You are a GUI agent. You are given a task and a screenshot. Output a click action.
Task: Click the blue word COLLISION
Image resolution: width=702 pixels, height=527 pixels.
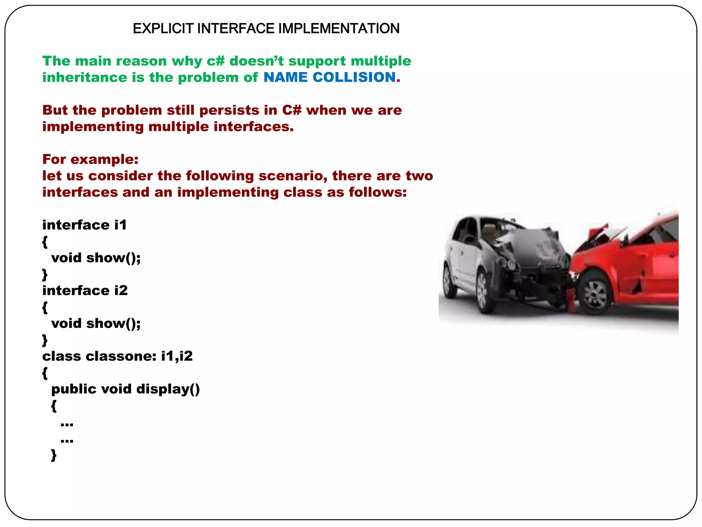354,77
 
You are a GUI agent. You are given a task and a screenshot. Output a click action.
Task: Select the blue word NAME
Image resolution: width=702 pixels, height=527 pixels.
285,77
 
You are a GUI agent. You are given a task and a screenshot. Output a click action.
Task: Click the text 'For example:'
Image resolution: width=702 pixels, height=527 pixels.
90,159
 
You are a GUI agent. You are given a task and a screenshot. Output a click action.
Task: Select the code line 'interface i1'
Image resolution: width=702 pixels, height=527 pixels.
84,225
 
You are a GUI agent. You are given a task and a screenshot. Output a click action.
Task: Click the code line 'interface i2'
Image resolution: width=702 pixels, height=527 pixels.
85,291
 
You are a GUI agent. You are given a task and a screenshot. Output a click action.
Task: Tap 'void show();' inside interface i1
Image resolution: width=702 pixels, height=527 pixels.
96,258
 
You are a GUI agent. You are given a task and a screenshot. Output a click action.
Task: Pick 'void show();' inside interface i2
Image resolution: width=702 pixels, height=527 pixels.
96,323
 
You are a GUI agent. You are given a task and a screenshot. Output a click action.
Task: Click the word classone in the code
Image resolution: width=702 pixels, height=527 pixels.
121,356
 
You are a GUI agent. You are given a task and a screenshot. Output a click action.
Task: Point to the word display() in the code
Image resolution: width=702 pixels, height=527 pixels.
168,389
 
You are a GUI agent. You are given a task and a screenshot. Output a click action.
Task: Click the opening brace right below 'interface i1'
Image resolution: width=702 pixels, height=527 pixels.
45,242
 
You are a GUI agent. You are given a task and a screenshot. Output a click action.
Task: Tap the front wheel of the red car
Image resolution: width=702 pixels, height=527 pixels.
595,294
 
